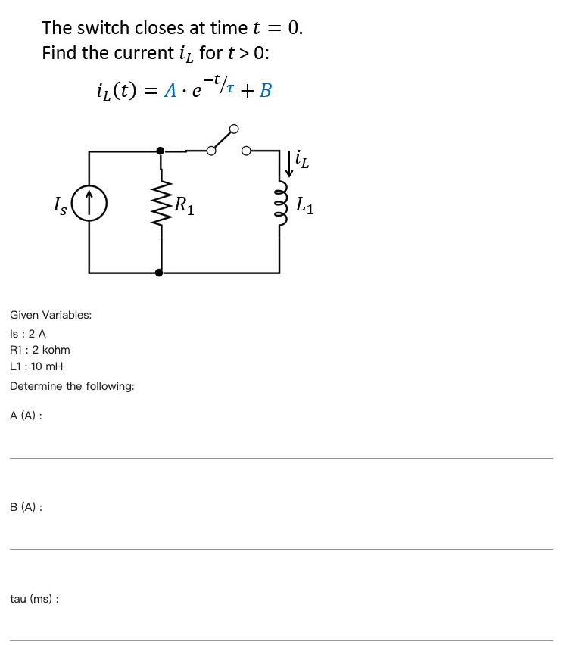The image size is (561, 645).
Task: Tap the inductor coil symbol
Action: point(280,205)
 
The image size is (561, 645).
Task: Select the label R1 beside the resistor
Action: point(184,205)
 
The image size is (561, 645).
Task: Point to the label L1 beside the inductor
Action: point(305,205)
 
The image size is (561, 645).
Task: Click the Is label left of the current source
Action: point(60,205)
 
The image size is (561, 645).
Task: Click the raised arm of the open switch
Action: point(223,139)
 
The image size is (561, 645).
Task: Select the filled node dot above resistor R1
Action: point(160,151)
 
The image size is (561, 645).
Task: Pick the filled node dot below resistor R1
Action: point(159,272)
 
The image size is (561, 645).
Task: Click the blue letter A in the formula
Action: point(171,91)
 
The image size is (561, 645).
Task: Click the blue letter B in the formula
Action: point(265,91)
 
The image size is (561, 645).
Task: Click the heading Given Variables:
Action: point(51,315)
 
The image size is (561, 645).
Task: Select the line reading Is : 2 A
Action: point(28,333)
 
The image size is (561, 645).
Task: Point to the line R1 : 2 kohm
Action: point(40,350)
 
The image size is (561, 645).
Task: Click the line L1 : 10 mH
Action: point(36,366)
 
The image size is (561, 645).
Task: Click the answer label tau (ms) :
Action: point(35,599)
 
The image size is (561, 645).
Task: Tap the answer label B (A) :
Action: point(26,507)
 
